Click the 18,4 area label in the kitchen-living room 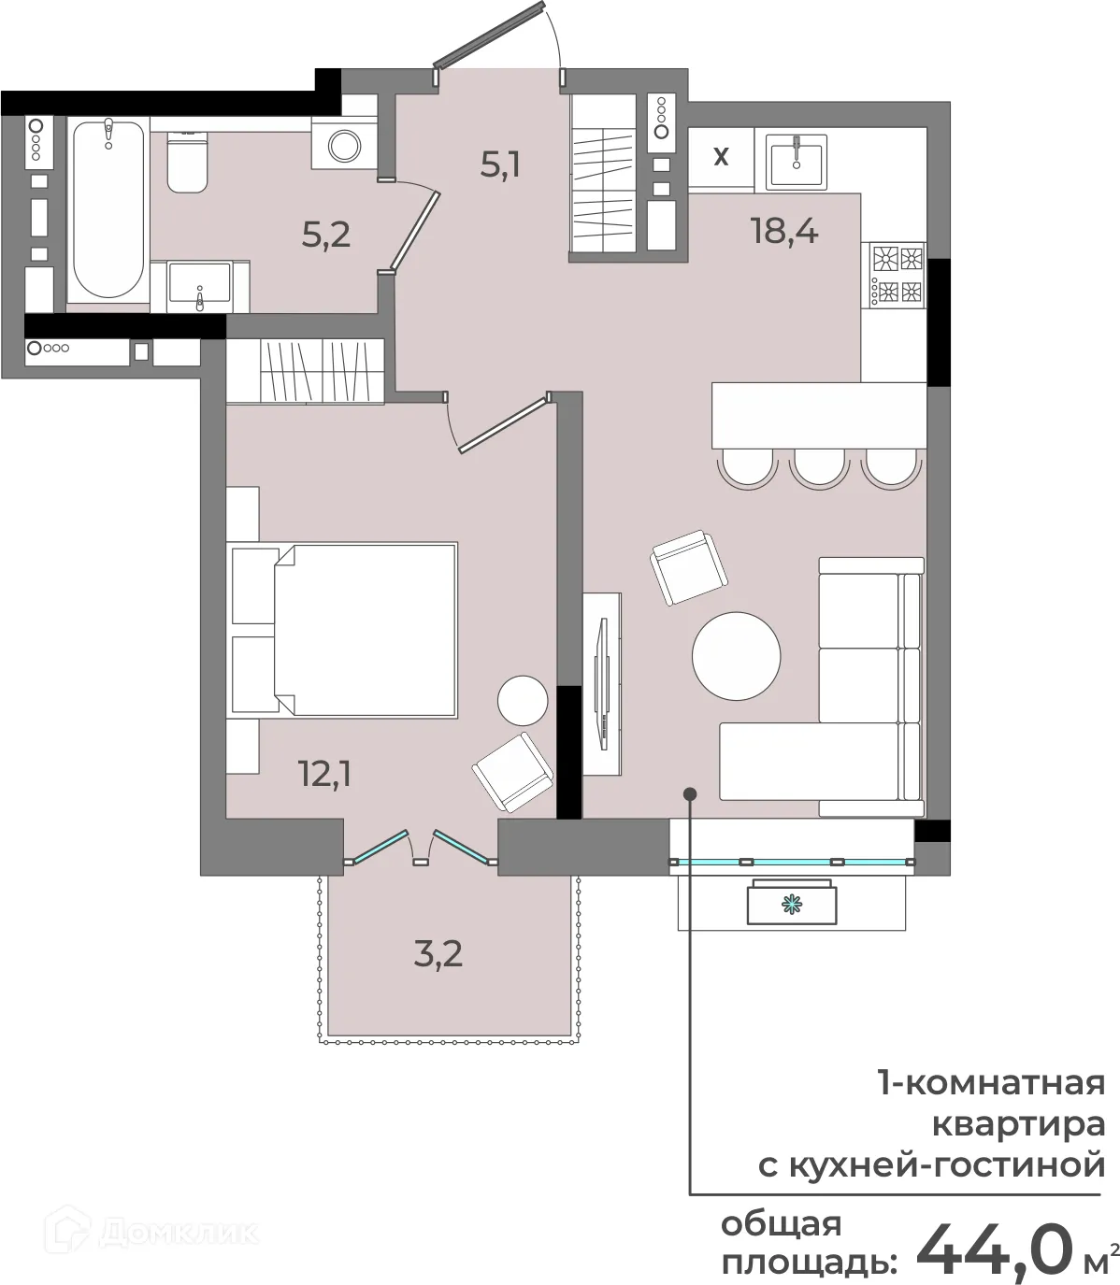[784, 231]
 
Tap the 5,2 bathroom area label [326, 235]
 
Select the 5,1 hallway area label [500, 165]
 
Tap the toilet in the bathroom [187, 163]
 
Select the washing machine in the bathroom [344, 146]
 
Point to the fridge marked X [721, 156]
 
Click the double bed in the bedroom [343, 630]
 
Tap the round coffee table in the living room [736, 656]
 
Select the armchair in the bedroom [512, 773]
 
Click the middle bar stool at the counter [819, 468]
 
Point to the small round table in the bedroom [523, 701]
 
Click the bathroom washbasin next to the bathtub [200, 287]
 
